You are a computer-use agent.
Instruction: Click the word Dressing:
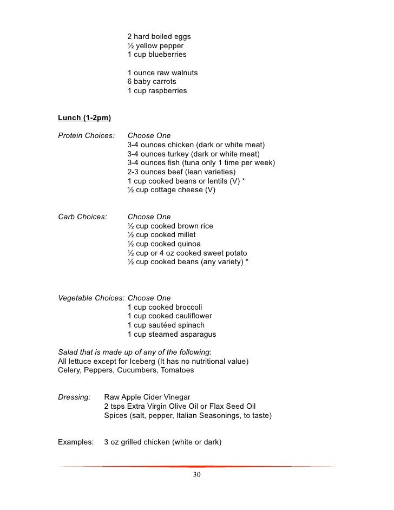point(74,397)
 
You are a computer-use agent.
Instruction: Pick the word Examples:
point(75,442)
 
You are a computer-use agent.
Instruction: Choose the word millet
point(183,235)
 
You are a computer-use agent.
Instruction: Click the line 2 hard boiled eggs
point(159,37)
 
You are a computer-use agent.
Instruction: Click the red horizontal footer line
point(196,466)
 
